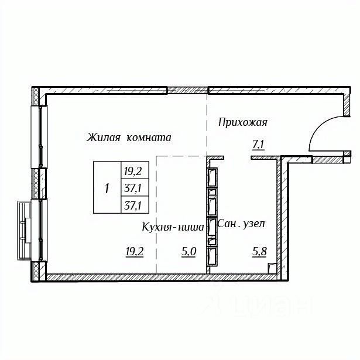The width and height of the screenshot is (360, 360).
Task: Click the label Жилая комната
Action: point(129,138)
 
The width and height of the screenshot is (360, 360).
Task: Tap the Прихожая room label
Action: point(243,122)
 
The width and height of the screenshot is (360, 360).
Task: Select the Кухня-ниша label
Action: point(173,227)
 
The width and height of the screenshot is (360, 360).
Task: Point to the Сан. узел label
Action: point(241,224)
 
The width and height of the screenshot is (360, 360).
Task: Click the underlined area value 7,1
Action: point(259,145)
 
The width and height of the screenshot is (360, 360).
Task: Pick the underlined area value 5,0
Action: point(188,252)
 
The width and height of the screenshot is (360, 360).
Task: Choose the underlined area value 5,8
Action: point(259,252)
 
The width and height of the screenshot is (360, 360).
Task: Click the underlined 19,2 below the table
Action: point(135,252)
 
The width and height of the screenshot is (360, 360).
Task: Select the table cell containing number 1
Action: point(107,187)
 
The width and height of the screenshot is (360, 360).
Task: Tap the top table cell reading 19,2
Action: point(135,170)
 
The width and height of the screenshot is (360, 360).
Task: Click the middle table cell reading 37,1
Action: point(135,187)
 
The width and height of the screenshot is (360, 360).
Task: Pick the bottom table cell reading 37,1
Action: point(135,205)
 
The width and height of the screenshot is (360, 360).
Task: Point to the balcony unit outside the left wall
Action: point(25,230)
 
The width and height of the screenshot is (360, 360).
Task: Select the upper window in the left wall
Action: point(39,137)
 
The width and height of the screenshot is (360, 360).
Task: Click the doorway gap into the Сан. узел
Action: point(238,157)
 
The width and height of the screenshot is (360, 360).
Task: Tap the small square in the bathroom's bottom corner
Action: point(272,268)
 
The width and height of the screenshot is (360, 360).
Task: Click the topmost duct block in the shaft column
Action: point(212,177)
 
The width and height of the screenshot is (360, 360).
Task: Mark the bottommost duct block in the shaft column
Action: point(212,256)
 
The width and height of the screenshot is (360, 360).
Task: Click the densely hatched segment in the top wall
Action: point(187,90)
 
